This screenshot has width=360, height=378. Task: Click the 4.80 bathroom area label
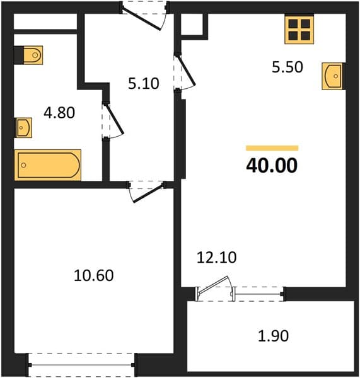[59, 113]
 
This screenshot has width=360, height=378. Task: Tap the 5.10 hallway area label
[144, 83]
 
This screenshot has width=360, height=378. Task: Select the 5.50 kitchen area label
[287, 67]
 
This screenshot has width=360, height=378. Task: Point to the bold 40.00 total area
[272, 165]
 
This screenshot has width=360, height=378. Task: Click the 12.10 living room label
[217, 257]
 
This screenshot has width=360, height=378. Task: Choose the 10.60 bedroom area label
[93, 275]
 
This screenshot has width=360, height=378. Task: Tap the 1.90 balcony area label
[274, 336]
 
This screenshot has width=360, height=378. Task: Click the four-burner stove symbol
[299, 30]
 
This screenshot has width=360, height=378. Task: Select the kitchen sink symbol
[332, 76]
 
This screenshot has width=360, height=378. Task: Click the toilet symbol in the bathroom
[33, 55]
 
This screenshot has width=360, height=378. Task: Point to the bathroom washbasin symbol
[23, 127]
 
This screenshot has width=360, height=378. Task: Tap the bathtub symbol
[48, 165]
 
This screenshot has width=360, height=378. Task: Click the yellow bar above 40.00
[272, 148]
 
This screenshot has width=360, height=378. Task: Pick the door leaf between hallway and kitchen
[186, 70]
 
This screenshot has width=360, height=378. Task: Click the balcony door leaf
[212, 285]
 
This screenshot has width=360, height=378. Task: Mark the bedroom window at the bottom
[81, 365]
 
